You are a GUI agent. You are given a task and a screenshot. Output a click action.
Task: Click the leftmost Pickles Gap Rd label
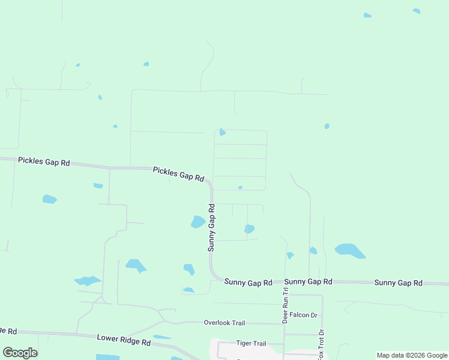[44, 162]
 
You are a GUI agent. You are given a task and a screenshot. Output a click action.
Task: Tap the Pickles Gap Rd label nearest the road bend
[178, 175]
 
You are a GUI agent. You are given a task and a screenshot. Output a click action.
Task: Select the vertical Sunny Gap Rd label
[211, 227]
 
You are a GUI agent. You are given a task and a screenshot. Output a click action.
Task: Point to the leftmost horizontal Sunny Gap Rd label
[249, 282]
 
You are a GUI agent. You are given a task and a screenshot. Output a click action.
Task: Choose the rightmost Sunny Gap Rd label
[399, 283]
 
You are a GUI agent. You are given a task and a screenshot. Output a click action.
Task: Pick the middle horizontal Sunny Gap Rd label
[309, 281]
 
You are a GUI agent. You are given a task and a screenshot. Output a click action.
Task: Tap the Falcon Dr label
[303, 315]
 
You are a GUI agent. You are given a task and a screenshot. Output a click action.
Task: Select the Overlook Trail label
[224, 323]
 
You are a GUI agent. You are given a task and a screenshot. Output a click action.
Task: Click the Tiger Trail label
[251, 344]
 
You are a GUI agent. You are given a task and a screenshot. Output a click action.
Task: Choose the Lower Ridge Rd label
[124, 341]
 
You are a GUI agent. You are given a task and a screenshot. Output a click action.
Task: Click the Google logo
[20, 353]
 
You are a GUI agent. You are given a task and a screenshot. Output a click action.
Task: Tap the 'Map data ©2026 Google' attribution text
[412, 355]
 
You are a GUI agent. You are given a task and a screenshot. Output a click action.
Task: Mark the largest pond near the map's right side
[350, 250]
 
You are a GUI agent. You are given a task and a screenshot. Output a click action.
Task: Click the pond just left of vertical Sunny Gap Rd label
[197, 222]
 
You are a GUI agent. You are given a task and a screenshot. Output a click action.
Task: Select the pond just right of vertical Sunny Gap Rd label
[249, 229]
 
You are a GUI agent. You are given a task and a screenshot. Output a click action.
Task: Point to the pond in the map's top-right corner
[417, 11]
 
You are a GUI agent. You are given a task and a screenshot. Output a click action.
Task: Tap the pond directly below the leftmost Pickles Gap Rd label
[49, 199]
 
